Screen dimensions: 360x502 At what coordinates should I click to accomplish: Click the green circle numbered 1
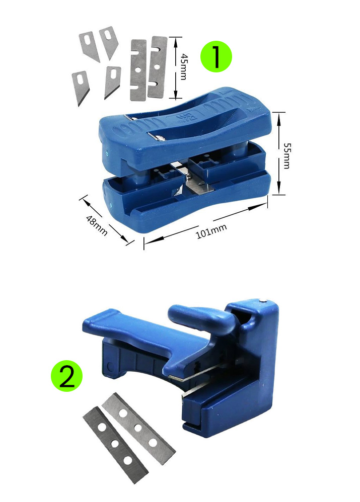click(216, 56)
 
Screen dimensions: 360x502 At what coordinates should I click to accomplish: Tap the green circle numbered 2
click(66, 376)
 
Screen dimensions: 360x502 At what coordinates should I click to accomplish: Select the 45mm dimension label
click(184, 66)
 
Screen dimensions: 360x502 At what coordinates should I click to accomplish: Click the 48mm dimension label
click(97, 225)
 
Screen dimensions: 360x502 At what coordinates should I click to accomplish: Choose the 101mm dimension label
click(211, 231)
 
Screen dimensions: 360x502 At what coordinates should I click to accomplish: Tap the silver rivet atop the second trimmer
click(263, 300)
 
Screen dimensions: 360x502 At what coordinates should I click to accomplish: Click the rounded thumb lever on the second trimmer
click(202, 318)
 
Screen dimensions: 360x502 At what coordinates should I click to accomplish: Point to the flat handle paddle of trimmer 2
click(128, 330)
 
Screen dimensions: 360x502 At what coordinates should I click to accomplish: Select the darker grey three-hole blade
click(115, 444)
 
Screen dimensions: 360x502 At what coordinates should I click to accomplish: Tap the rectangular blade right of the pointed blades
click(138, 70)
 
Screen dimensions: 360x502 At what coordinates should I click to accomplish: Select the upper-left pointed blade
click(89, 45)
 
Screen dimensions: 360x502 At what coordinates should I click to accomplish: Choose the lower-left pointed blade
click(80, 87)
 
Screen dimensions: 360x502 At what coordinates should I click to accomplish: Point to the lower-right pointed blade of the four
click(112, 81)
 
